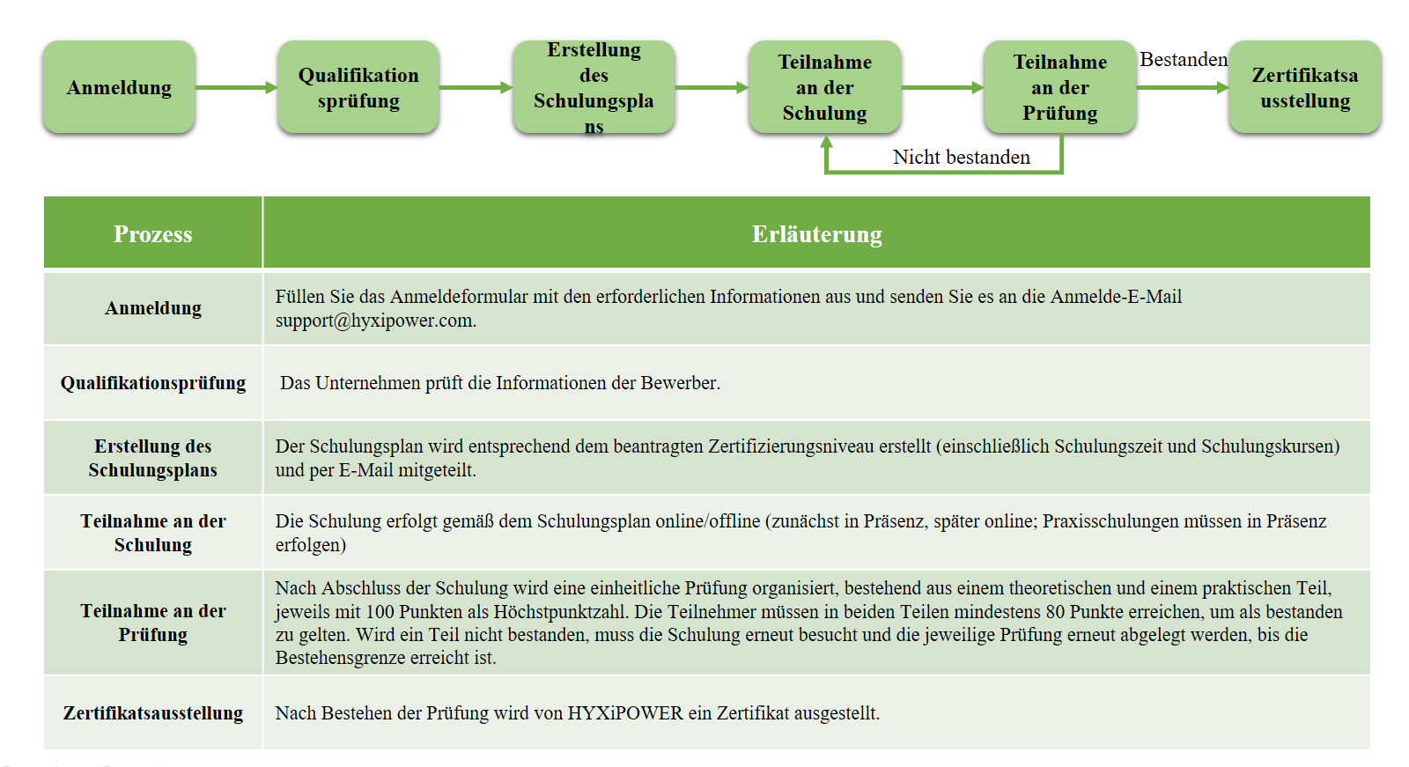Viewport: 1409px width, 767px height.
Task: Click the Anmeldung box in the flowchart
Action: click(x=119, y=87)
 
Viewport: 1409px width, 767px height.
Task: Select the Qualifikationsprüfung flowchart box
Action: click(x=358, y=87)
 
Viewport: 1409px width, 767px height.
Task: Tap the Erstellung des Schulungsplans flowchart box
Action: click(x=594, y=87)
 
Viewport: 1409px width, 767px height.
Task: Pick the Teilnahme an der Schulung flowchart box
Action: click(x=824, y=87)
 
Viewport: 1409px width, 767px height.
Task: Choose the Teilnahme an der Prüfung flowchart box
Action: click(x=1060, y=87)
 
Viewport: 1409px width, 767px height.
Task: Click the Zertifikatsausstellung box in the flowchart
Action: click(x=1305, y=87)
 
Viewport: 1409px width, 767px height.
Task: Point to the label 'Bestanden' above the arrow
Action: click(x=1184, y=60)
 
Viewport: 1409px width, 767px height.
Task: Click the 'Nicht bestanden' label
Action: click(x=961, y=157)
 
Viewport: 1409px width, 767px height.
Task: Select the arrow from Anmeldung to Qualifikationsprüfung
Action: click(x=237, y=87)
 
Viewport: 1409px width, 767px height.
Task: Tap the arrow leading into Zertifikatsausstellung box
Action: click(x=1183, y=87)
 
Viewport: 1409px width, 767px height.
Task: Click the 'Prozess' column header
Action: click(x=153, y=234)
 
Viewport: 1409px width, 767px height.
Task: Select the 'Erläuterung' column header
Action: click(x=816, y=234)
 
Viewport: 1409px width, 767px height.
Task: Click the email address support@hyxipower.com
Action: click(x=375, y=321)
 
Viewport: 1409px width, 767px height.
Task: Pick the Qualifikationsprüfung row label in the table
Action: click(x=153, y=382)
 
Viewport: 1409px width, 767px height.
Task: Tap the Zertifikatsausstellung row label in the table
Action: click(x=153, y=713)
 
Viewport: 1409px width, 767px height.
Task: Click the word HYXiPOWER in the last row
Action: click(x=625, y=713)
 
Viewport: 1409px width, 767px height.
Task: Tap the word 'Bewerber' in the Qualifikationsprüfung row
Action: click(x=680, y=382)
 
